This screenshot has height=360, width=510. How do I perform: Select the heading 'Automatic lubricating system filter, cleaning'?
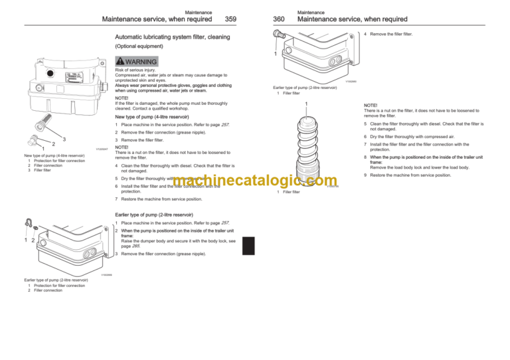178,37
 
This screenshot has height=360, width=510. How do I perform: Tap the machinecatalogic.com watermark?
256,181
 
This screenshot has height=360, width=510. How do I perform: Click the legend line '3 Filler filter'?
38,170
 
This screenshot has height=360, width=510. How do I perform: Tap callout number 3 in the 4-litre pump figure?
64,138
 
